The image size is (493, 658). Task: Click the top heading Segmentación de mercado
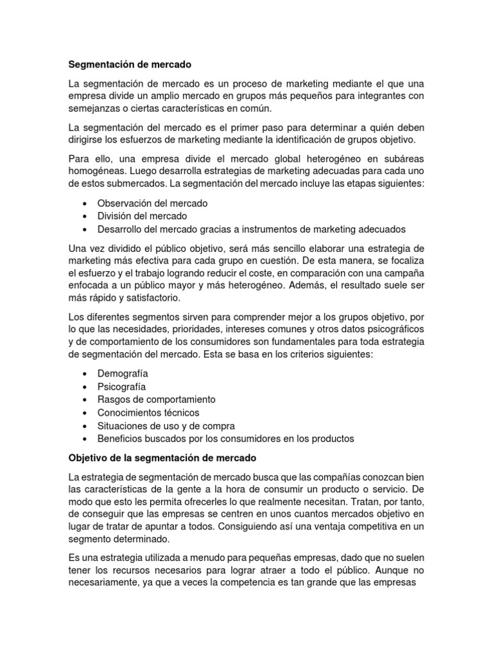(130, 64)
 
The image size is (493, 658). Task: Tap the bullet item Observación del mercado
(152, 203)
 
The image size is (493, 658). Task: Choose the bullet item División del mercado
(142, 216)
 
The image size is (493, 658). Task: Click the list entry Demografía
(123, 373)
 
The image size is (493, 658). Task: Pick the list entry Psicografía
(121, 387)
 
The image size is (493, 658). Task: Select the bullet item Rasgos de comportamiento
(156, 400)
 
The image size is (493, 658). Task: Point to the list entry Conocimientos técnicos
(148, 413)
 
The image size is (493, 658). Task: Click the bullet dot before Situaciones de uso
(86, 426)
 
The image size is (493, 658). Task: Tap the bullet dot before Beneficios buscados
(86, 439)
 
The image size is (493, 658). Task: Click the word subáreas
(401, 158)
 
